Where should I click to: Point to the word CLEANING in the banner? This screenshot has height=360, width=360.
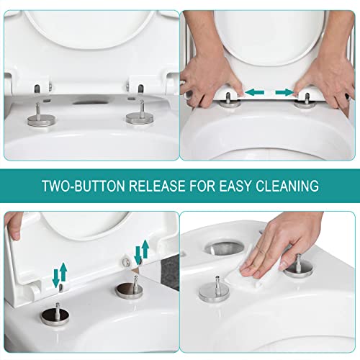coord(292,186)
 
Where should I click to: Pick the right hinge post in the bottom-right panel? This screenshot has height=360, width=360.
coord(296,263)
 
